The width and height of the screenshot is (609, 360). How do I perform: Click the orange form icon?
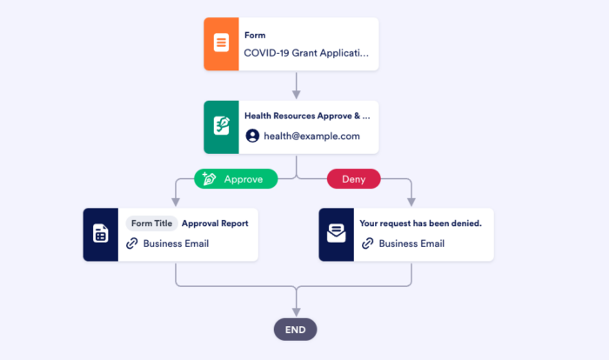coord(221,43)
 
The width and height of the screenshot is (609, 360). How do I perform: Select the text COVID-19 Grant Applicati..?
coord(304,52)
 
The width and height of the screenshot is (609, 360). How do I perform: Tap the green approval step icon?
coord(221,126)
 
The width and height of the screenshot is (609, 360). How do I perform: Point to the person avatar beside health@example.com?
coord(252,136)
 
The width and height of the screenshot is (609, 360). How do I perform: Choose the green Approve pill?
coord(236,179)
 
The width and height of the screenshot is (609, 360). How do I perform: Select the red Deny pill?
coord(353,179)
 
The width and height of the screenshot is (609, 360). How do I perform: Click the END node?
coord(296,330)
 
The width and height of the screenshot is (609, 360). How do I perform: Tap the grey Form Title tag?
coord(151,223)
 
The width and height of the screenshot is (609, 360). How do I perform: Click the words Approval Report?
coord(215,223)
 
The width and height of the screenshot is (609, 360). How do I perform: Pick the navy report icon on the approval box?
coord(100,234)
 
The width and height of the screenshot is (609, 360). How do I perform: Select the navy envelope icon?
coord(336,234)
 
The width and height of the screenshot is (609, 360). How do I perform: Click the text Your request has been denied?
coord(419,223)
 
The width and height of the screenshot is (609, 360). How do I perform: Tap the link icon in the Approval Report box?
coord(132,243)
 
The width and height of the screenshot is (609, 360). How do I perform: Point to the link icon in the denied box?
coord(368,243)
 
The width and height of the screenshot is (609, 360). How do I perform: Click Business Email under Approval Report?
coord(176,243)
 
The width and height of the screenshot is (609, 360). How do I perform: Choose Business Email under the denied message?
coord(412,243)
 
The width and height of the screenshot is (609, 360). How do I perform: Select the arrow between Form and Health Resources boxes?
coord(296,84)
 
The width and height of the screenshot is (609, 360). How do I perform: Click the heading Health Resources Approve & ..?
coord(306,116)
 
